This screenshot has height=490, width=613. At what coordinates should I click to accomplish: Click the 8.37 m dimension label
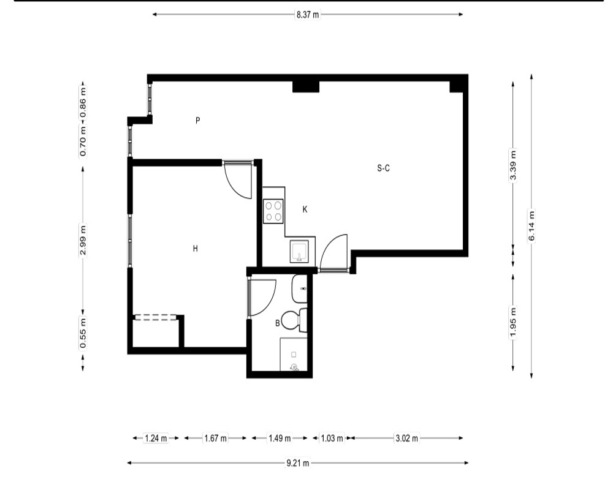[x=307, y=15]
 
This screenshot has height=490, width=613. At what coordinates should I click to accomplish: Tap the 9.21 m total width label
[x=298, y=463]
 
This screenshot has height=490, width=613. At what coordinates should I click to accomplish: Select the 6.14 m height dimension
[x=531, y=227]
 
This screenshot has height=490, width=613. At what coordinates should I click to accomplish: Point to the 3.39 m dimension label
[x=513, y=165]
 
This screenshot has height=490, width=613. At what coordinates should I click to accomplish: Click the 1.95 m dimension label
[x=513, y=323]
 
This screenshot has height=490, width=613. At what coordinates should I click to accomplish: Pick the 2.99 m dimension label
[x=83, y=240]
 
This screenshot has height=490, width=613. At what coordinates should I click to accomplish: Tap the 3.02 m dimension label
[x=406, y=438]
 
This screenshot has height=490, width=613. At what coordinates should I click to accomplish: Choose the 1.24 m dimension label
[x=156, y=438]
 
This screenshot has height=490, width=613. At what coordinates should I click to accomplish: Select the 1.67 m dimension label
[x=215, y=438]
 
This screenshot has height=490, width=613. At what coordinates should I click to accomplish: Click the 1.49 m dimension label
[x=280, y=438]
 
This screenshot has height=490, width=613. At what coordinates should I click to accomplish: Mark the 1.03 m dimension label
[x=332, y=438]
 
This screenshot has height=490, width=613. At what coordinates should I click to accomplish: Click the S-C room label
[x=383, y=168]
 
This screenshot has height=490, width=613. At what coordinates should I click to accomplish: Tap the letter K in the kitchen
[x=305, y=209]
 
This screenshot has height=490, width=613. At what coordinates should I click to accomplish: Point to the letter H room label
[x=196, y=249]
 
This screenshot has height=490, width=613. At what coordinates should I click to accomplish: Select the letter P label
[x=198, y=120]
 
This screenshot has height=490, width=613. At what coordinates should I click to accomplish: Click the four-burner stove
[x=273, y=211]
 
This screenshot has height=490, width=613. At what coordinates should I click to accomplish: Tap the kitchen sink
[x=299, y=251]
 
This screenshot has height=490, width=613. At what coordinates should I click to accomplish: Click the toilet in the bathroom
[x=294, y=320]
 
